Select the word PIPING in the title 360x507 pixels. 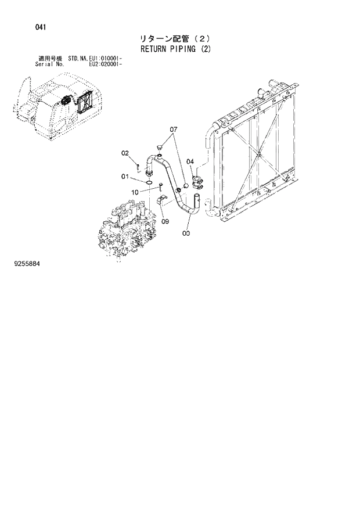point(185,49)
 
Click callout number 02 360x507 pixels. point(125,153)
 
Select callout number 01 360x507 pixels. point(125,177)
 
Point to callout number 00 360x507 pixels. point(186,233)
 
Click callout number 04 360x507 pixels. point(190,161)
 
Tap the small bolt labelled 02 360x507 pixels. point(138,168)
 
